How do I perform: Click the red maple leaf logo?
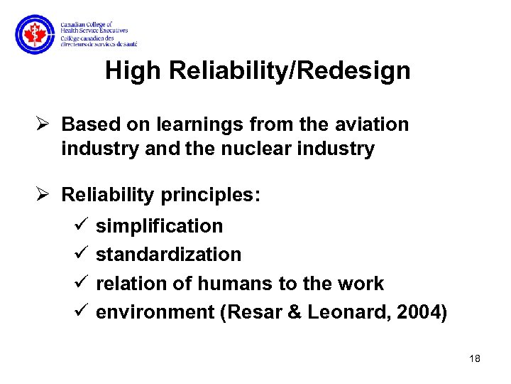(x=34, y=35)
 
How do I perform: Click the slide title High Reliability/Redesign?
(x=257, y=71)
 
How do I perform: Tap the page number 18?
(x=475, y=358)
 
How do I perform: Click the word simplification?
(x=159, y=226)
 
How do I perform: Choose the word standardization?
(x=168, y=255)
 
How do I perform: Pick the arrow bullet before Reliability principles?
(x=46, y=195)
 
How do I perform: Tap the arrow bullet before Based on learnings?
(x=46, y=124)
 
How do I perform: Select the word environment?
(x=155, y=311)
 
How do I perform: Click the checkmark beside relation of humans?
(x=79, y=283)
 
